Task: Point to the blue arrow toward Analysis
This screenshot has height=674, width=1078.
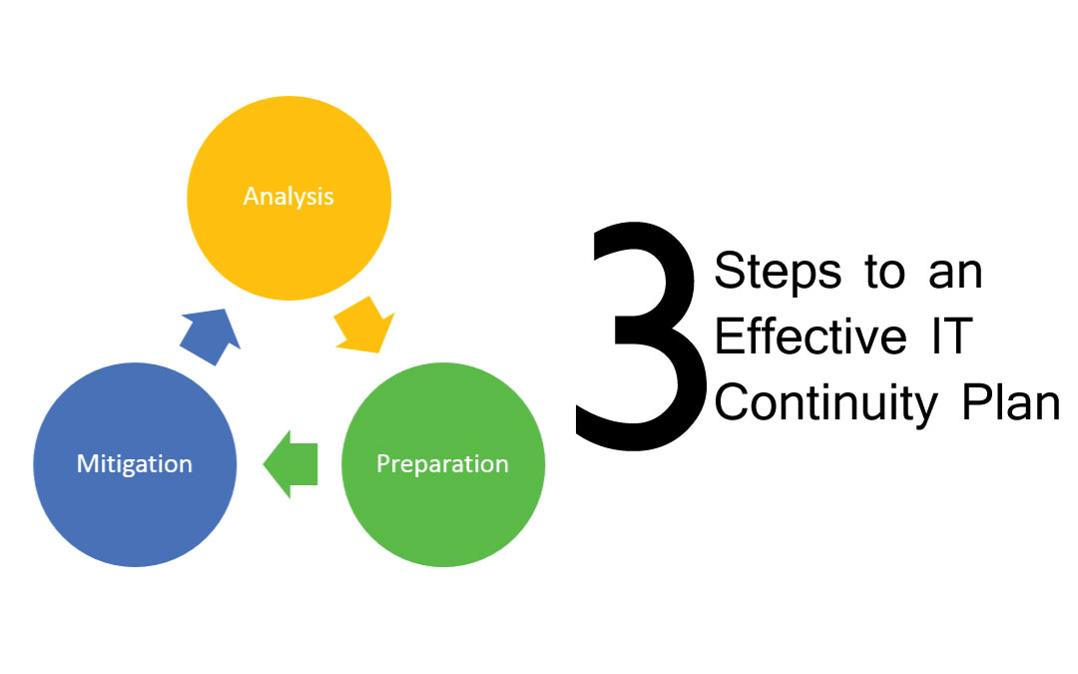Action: click(211, 333)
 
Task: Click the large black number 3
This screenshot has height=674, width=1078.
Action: click(639, 339)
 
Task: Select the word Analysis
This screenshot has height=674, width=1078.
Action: click(288, 195)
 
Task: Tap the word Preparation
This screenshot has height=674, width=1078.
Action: click(442, 464)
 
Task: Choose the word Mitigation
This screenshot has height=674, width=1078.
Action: click(135, 464)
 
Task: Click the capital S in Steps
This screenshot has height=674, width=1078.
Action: click(729, 272)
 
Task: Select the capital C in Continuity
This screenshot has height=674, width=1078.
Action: click(731, 402)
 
